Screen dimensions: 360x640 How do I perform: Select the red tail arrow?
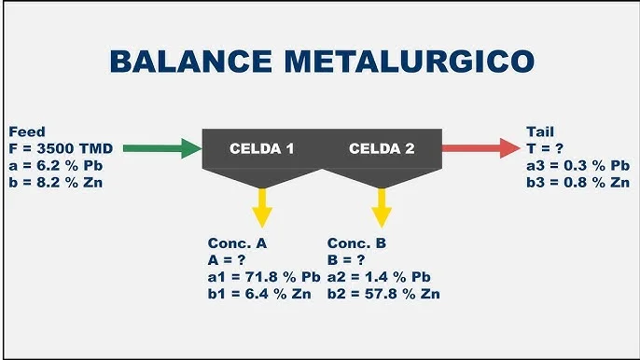click(x=480, y=147)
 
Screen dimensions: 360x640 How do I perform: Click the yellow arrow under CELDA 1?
click(x=262, y=207)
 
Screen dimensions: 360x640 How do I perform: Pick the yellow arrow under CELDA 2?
click(x=381, y=207)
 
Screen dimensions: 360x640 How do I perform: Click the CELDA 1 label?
click(x=262, y=148)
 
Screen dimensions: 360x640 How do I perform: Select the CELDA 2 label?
click(x=381, y=148)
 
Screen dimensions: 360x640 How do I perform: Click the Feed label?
click(x=25, y=132)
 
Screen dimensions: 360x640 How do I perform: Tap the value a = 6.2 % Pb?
click(x=54, y=165)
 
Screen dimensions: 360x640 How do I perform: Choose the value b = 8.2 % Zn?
click(x=54, y=181)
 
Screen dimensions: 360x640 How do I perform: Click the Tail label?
click(x=540, y=132)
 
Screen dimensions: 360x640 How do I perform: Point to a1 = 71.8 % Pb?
click(x=264, y=277)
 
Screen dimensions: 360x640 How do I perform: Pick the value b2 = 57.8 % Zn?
click(x=383, y=294)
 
